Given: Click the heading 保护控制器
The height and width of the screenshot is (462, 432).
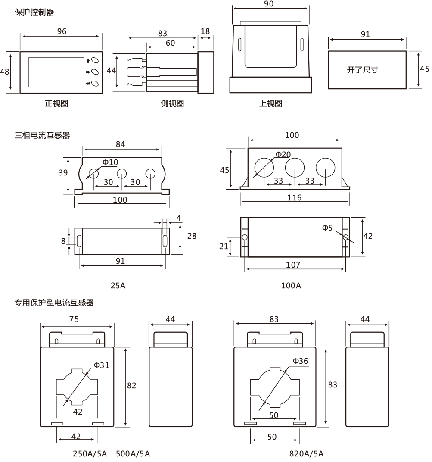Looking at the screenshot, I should (34, 12).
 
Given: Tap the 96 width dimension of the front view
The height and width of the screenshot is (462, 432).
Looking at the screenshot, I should (62, 31).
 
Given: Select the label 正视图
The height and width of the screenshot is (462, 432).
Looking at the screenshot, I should (56, 103).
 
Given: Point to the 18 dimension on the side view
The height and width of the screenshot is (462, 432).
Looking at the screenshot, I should (205, 31).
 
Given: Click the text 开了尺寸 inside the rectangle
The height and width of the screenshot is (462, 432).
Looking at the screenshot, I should (362, 70).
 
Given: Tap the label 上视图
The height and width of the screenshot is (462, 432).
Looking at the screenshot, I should (270, 103).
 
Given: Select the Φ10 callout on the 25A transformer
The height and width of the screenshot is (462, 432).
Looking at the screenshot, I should (110, 162).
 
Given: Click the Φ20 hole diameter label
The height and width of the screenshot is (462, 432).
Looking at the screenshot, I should (283, 154).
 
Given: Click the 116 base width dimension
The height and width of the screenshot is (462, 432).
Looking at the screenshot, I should (295, 197).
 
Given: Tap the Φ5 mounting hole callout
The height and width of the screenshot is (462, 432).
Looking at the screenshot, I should (327, 228).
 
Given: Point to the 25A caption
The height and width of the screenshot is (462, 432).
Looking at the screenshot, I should (118, 285).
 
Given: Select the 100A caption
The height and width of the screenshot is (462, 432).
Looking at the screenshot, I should (291, 285).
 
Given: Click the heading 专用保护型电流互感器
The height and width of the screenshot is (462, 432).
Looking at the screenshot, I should (54, 303).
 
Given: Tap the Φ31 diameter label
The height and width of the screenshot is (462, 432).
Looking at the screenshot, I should (102, 365).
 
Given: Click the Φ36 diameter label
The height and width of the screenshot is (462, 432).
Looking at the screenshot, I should (300, 361).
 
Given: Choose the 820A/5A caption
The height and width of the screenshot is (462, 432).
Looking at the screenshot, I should (306, 454).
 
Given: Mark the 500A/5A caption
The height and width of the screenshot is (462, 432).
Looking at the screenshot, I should (133, 454).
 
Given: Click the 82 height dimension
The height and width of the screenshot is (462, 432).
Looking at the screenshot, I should (131, 385).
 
